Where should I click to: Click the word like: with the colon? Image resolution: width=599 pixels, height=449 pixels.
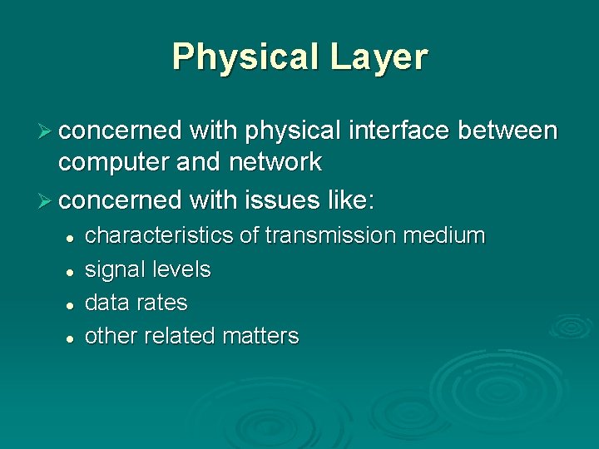pos(352,200)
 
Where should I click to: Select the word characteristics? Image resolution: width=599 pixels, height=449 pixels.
pos(160,236)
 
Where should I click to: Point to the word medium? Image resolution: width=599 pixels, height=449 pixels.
pos(443,236)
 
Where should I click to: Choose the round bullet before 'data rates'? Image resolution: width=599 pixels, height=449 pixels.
pos(72,304)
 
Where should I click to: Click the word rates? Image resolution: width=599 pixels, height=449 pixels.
pos(162,303)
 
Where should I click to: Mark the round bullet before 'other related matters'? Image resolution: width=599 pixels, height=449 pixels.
pos(72,338)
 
